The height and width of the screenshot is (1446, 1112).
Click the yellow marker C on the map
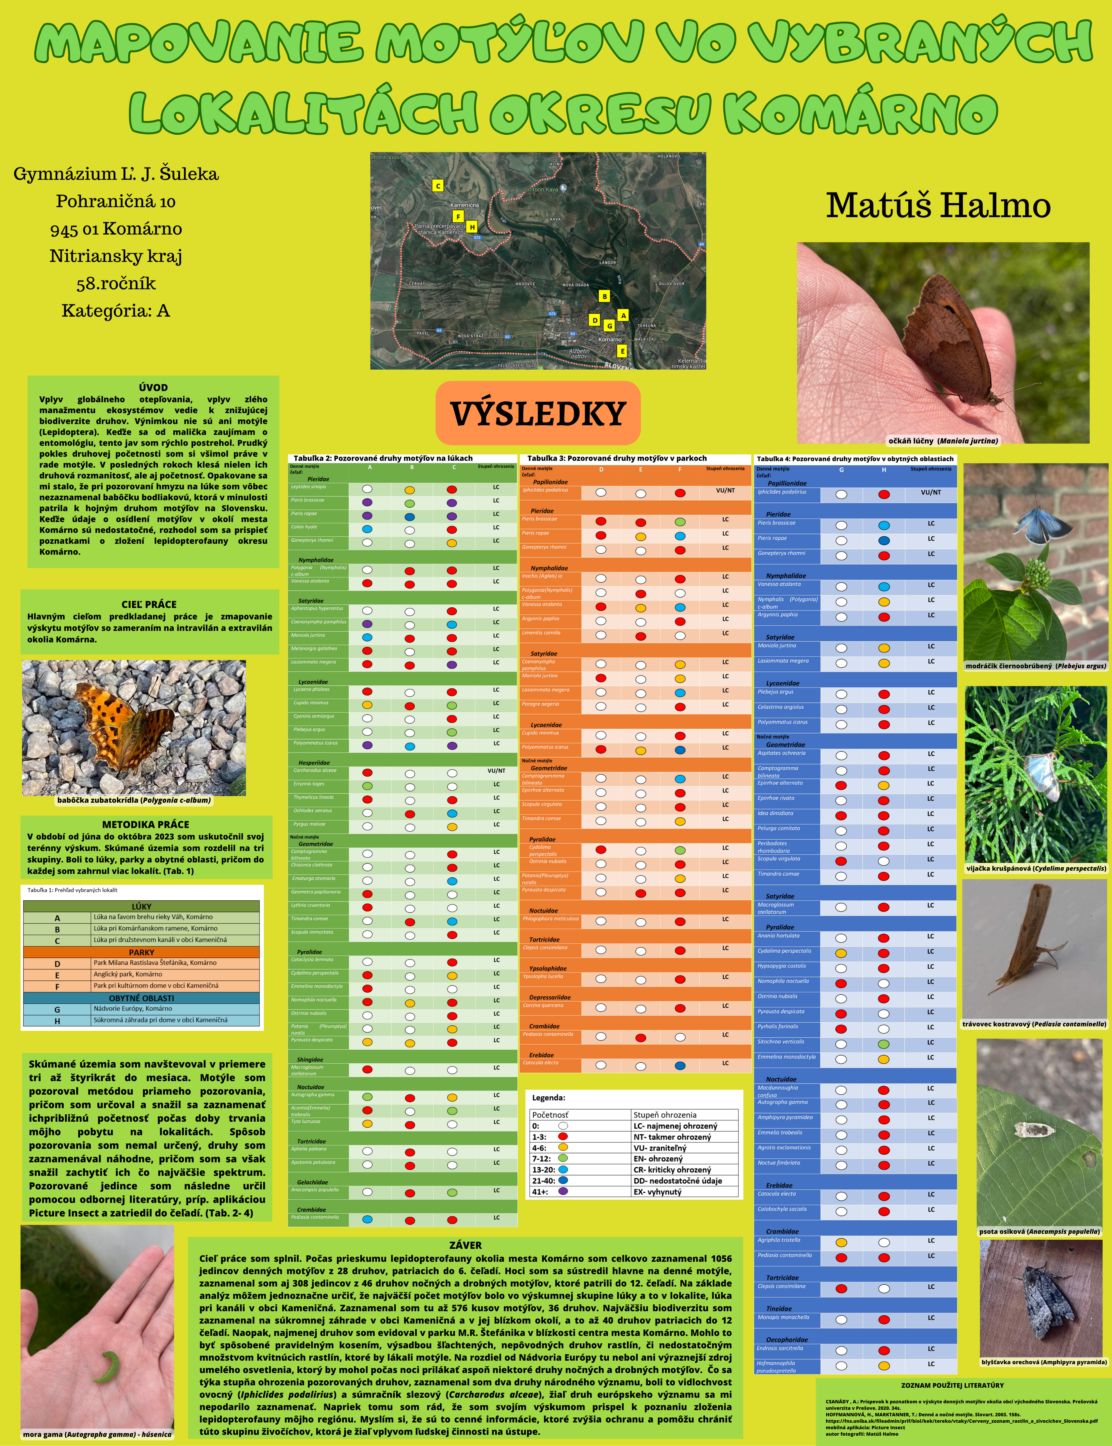[x=438, y=186]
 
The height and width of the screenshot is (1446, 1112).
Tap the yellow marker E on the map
[x=621, y=351]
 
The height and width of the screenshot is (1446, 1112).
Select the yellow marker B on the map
[x=604, y=297]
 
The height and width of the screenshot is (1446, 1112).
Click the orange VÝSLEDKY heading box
[x=538, y=413]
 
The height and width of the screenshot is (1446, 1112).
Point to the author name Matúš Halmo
[x=938, y=205]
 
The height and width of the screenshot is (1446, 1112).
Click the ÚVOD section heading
[x=154, y=387]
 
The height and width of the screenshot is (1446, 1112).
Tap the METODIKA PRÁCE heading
[x=146, y=824]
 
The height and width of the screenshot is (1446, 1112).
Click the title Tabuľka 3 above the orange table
[x=616, y=458]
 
